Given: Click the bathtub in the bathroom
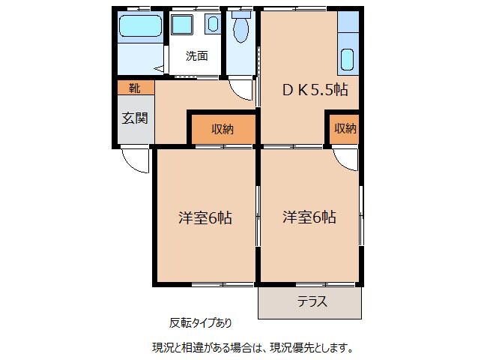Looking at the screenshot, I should tap(140, 28).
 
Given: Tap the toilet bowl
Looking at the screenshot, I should tap(240, 31).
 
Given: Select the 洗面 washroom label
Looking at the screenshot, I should tap(196, 55).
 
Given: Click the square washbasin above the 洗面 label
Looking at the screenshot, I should tap(182, 25).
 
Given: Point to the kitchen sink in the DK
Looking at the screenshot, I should tap(347, 58).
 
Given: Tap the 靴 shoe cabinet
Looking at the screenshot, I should tap(134, 88).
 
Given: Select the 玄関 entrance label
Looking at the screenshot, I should tap(135, 118).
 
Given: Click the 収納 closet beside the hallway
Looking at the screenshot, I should tap(222, 129).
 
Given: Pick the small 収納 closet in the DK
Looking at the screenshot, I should tap(345, 129).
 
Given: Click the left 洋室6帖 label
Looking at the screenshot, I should tap(205, 218).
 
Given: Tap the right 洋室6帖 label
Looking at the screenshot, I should tap(309, 218).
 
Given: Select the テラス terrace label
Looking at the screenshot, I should tap(311, 303).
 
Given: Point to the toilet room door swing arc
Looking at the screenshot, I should tap(240, 90).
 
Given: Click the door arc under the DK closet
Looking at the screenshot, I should tap(345, 158).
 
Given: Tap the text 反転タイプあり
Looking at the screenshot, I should tap(200, 323).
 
